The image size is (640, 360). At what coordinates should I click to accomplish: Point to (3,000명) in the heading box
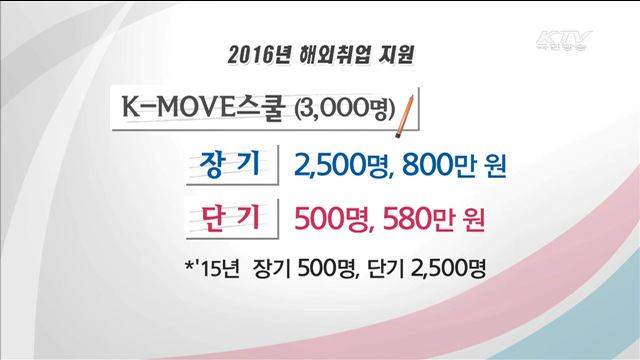[x=345, y=107]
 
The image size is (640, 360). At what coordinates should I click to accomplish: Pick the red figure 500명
[x=333, y=218]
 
